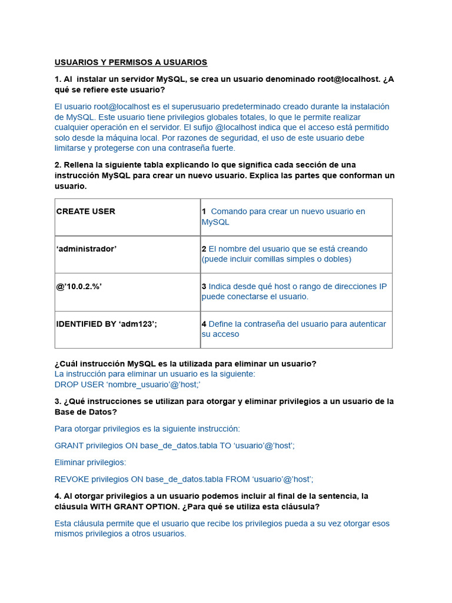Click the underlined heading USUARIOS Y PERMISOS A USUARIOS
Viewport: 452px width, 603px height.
(x=131, y=62)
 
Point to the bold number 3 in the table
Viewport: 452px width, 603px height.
(x=204, y=287)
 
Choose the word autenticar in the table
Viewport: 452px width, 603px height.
(x=365, y=324)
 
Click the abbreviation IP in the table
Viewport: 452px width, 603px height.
(x=382, y=287)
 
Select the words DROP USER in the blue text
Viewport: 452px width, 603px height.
(x=79, y=385)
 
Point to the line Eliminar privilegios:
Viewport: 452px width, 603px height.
(x=90, y=462)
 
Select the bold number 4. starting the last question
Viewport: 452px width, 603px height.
(x=58, y=496)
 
